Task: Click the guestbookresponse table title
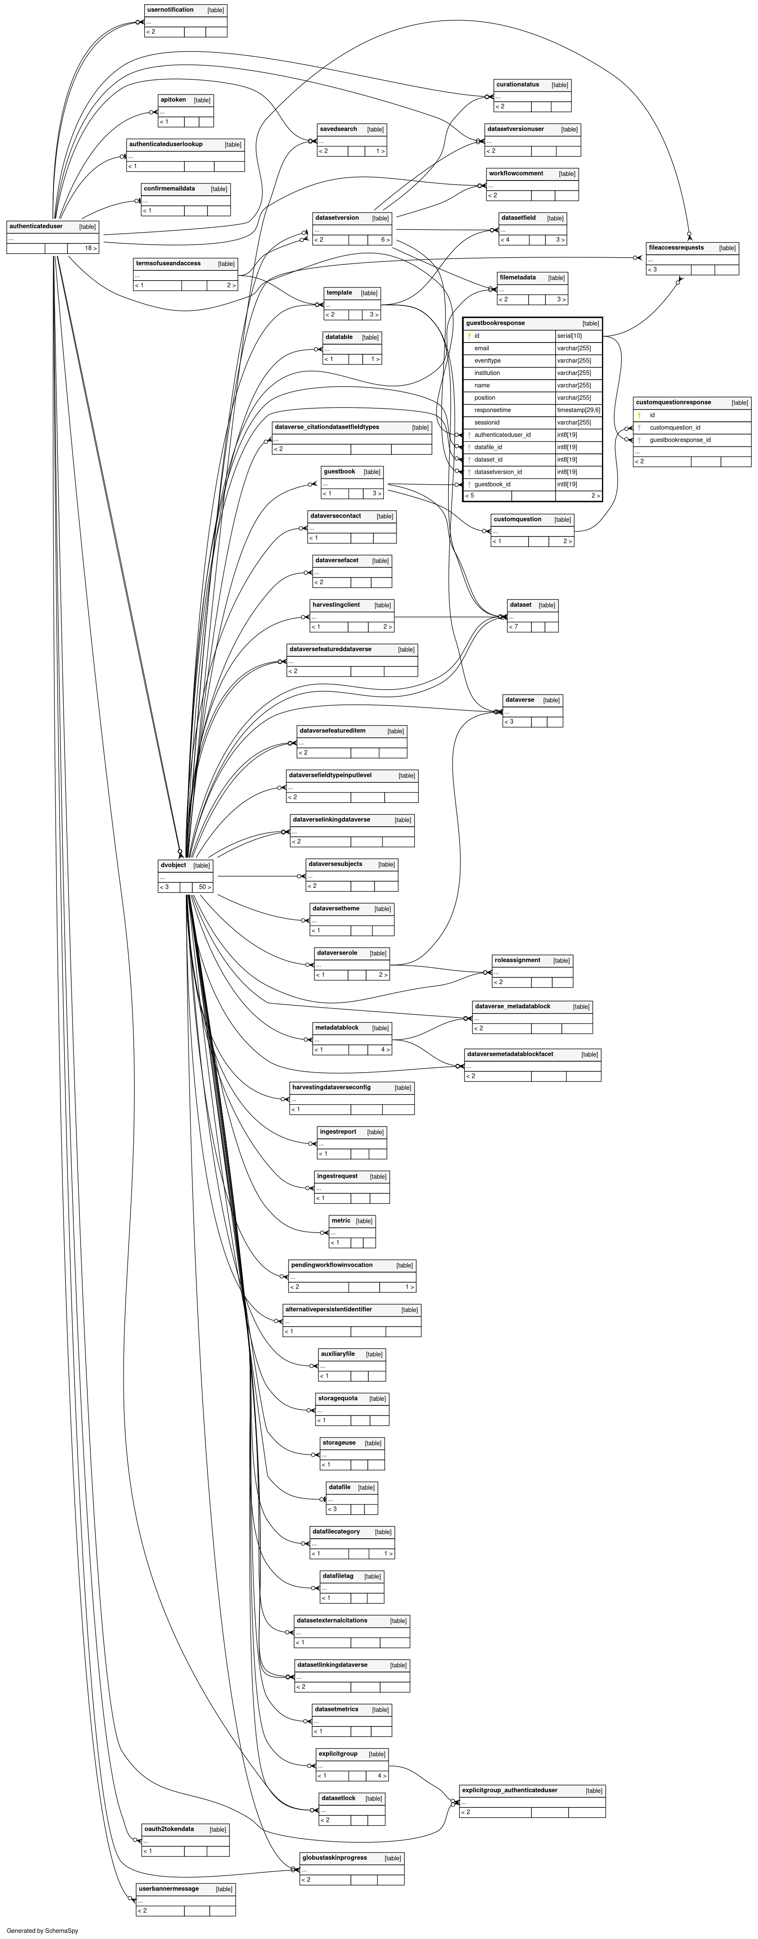(495, 323)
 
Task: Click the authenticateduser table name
(36, 226)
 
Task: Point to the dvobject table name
(173, 865)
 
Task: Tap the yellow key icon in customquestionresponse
(639, 415)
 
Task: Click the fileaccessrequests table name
(676, 248)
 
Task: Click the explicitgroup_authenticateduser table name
(510, 1790)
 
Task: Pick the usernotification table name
(170, 10)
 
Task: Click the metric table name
(341, 1220)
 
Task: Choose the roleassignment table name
(517, 960)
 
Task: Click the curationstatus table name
(518, 84)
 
